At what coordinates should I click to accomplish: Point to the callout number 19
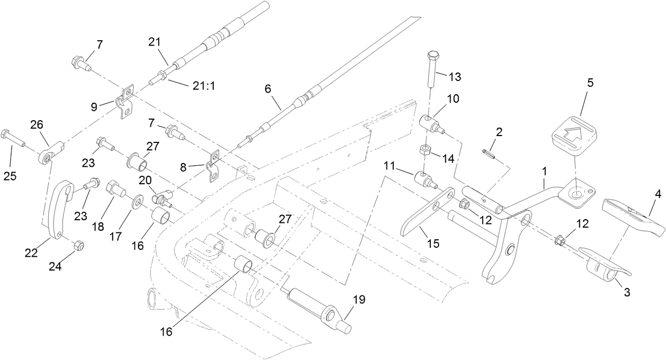pyautogui.click(x=359, y=300)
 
